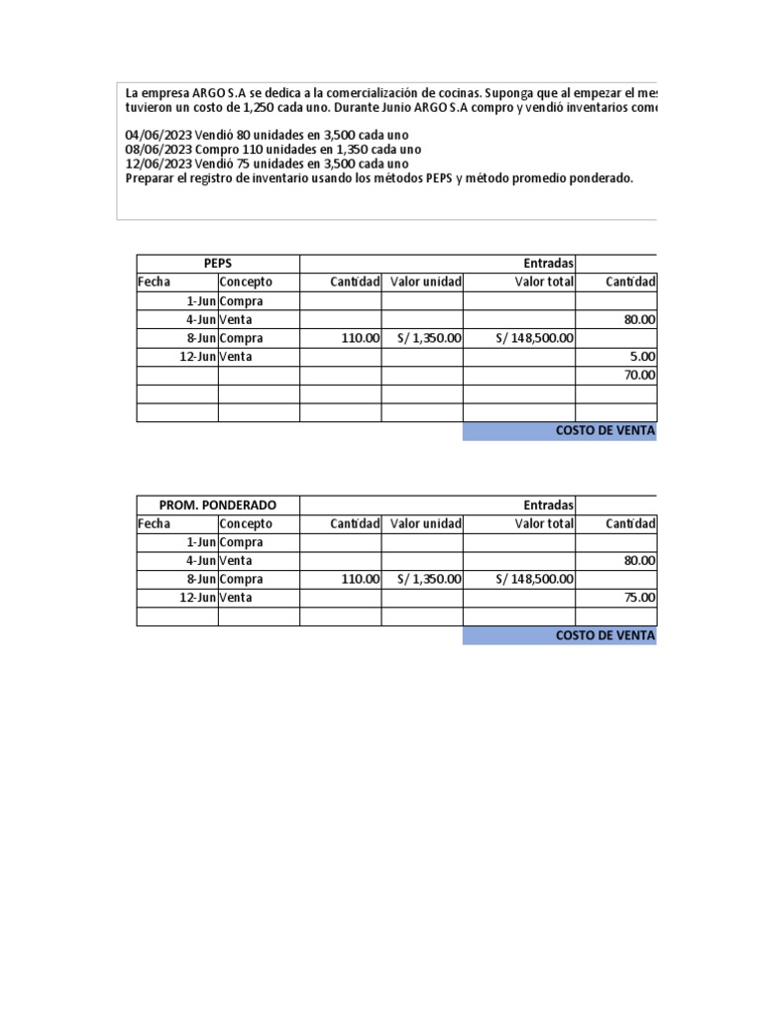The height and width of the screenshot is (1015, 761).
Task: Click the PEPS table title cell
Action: [218, 263]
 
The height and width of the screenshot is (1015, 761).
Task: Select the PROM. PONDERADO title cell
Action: [218, 505]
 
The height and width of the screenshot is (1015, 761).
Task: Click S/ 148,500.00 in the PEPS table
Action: [535, 338]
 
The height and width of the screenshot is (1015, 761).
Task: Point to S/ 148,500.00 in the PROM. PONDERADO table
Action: [535, 580]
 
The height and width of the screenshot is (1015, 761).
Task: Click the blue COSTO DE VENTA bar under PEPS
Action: [560, 431]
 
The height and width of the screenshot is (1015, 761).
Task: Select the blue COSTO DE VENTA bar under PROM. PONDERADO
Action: [560, 635]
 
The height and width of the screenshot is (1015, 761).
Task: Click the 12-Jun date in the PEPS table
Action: [198, 357]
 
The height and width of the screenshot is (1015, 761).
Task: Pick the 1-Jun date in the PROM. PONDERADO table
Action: [201, 542]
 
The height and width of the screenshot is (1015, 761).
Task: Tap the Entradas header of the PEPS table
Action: [548, 263]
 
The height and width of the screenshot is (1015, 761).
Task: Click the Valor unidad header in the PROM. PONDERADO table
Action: [425, 523]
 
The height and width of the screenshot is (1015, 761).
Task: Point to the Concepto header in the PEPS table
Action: [246, 282]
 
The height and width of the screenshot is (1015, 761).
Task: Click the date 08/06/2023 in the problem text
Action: [159, 150]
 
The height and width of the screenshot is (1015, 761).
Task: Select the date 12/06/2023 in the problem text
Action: [159, 164]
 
